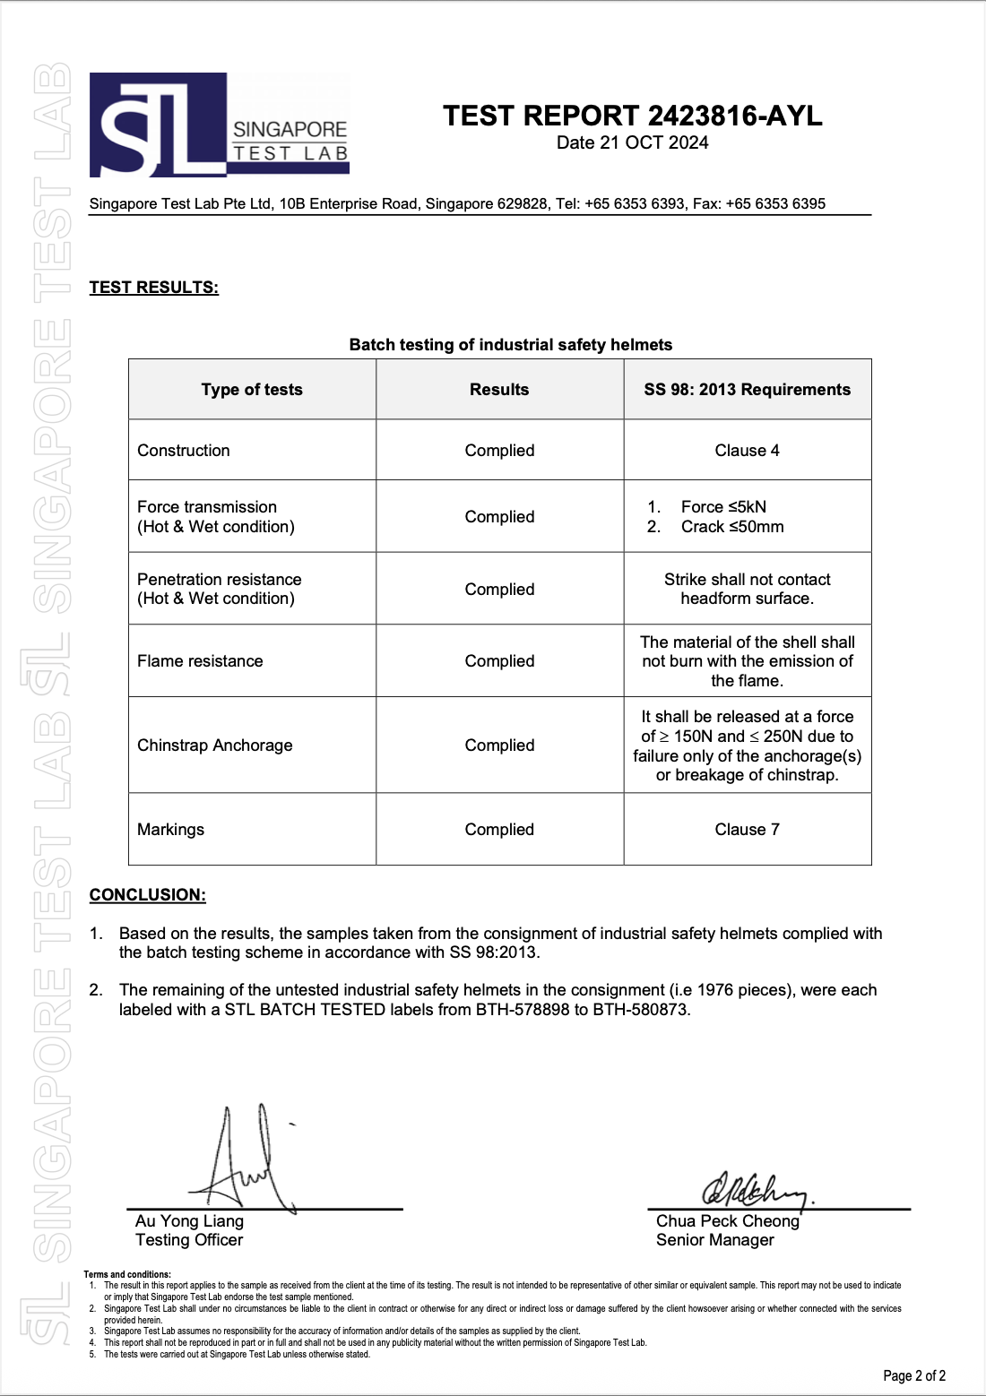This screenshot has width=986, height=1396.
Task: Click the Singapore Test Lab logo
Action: point(219,125)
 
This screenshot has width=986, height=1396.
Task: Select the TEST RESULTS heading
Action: point(153,288)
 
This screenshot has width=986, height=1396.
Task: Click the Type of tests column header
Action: point(252,390)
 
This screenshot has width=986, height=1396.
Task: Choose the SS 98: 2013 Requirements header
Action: point(747,390)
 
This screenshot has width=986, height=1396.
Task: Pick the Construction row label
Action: point(184,451)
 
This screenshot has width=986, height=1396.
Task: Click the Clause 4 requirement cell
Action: point(747,451)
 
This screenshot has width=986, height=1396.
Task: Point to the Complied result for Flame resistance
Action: point(499,661)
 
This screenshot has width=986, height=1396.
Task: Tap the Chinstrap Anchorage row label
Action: point(215,745)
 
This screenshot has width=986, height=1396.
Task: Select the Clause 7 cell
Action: point(747,830)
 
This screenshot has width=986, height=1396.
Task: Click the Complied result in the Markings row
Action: point(499,830)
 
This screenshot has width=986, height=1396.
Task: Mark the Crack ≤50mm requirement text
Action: point(731,527)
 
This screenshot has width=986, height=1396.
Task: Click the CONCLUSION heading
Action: point(147,895)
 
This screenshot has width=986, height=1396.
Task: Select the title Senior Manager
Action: point(714,1240)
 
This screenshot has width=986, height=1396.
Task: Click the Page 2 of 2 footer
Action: point(914,1375)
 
